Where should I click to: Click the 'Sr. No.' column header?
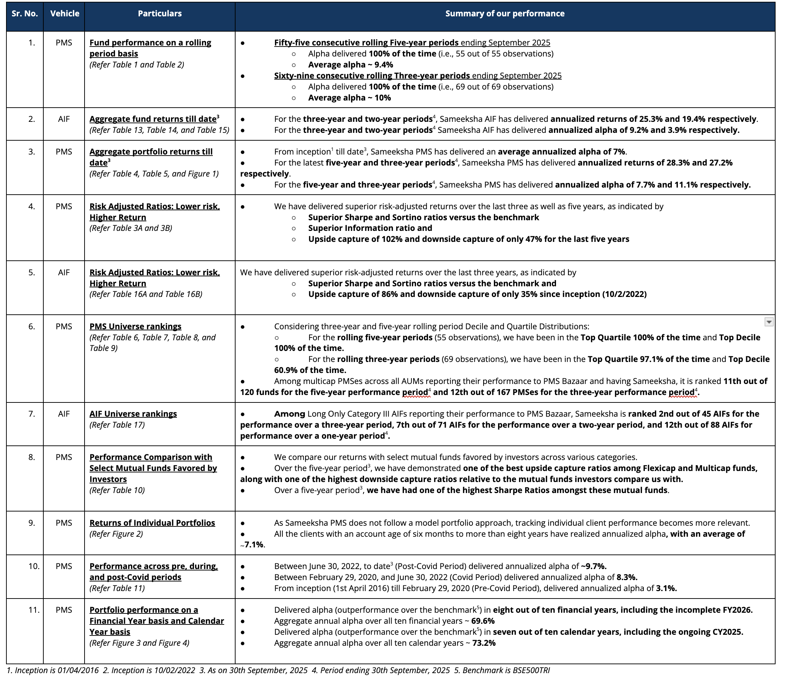click(25, 14)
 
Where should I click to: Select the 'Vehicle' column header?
click(65, 14)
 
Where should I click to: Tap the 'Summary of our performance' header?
click(505, 14)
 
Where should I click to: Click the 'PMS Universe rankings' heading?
click(135, 326)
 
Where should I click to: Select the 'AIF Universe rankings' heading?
click(133, 414)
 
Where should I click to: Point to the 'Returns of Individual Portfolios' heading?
click(152, 523)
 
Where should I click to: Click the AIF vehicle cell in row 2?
click(64, 119)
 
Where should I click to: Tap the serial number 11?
click(34, 610)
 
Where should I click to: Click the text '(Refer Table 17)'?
click(117, 425)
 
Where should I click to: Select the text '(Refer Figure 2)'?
click(116, 534)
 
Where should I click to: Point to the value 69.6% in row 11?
click(483, 621)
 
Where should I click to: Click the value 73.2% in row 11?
click(484, 643)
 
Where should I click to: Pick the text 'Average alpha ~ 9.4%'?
click(350, 65)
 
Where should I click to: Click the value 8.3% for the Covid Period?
click(627, 577)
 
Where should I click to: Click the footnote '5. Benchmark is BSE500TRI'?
click(502, 671)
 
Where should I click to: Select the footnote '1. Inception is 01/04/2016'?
click(53, 671)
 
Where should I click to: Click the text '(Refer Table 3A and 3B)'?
click(131, 228)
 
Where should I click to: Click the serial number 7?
click(32, 414)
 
